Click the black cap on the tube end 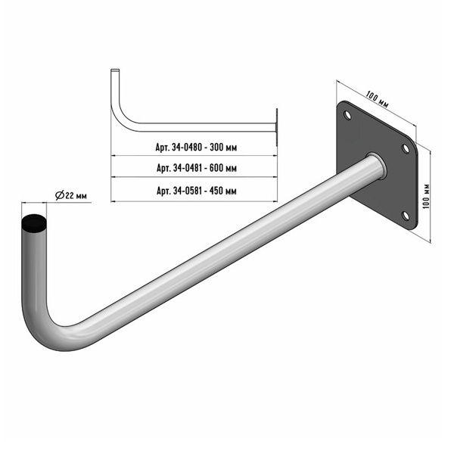pyautogui.click(x=34, y=224)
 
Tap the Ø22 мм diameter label pyautogui.click(x=71, y=195)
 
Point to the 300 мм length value pyautogui.click(x=223, y=148)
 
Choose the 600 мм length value pyautogui.click(x=223, y=168)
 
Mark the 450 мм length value pyautogui.click(x=223, y=191)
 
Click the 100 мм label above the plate pyautogui.click(x=377, y=99)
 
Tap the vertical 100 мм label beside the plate pyautogui.click(x=426, y=196)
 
